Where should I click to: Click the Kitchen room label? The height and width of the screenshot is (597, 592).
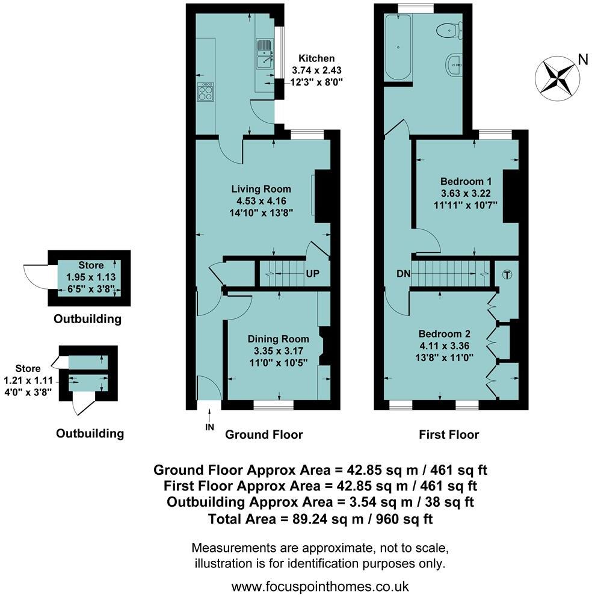click(x=316, y=58)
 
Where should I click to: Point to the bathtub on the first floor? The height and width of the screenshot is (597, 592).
click(x=398, y=47)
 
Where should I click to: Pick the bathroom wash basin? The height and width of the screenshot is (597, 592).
click(x=454, y=66)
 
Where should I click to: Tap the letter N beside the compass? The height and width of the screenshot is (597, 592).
click(x=583, y=60)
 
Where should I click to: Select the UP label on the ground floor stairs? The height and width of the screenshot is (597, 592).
click(x=313, y=274)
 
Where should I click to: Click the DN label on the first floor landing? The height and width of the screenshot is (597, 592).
click(x=404, y=274)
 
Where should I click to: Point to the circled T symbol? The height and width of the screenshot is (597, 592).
click(x=508, y=274)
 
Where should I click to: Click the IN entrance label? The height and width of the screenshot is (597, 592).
click(x=210, y=427)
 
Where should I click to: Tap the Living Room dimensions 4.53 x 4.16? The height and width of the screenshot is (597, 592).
click(x=261, y=201)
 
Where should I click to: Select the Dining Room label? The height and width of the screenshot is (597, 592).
click(x=279, y=339)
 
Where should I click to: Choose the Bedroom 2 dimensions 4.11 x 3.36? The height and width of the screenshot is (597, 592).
click(x=444, y=345)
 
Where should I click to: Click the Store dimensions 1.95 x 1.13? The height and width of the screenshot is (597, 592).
click(x=91, y=277)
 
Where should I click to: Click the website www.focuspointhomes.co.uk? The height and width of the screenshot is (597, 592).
click(x=320, y=586)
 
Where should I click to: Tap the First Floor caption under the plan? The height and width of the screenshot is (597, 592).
click(x=449, y=435)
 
